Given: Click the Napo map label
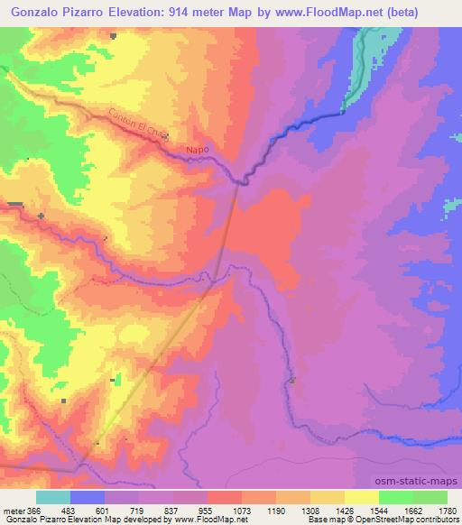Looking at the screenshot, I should (x=197, y=151).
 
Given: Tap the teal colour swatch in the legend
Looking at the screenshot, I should (x=53, y=497).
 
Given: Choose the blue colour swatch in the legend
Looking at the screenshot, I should (x=88, y=497).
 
